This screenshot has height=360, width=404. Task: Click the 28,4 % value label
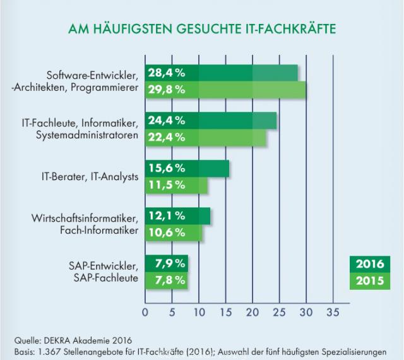(167, 73)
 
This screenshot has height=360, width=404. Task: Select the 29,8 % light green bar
(226, 90)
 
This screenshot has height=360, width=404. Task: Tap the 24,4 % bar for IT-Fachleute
(211, 121)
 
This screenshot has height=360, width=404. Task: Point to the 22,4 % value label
(167, 138)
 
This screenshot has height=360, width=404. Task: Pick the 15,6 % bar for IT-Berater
(187, 169)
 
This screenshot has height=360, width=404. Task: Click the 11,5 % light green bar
(176, 185)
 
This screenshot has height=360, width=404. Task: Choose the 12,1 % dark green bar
(177, 216)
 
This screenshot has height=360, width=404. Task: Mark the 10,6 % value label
(167, 232)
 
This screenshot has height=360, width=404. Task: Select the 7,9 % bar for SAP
(167, 263)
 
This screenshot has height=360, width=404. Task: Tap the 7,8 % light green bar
(166, 280)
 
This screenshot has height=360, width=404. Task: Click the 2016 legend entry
(370, 265)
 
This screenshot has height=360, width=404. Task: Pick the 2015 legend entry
(370, 281)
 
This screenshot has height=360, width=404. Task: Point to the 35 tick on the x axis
(333, 313)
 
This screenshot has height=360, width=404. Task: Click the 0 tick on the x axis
(145, 313)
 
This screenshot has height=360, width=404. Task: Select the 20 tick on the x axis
(252, 313)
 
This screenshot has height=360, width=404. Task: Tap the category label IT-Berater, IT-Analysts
(90, 177)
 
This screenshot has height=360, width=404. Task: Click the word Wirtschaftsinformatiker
(85, 219)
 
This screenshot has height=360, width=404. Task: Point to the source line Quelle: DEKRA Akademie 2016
(73, 340)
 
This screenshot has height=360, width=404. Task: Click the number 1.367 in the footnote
(49, 352)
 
